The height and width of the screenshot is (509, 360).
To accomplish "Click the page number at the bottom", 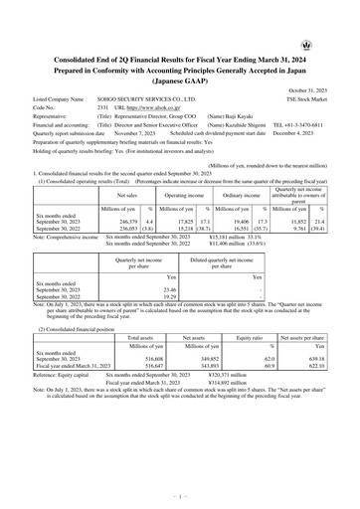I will tap(180, 490).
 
